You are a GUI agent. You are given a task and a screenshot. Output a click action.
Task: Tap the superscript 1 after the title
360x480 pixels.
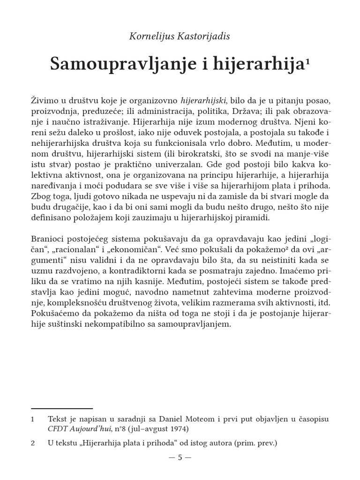(307, 61)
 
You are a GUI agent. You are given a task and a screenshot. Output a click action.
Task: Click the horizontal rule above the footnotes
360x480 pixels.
(61, 409)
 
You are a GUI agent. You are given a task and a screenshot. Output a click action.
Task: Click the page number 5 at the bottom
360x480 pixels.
(180, 458)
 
